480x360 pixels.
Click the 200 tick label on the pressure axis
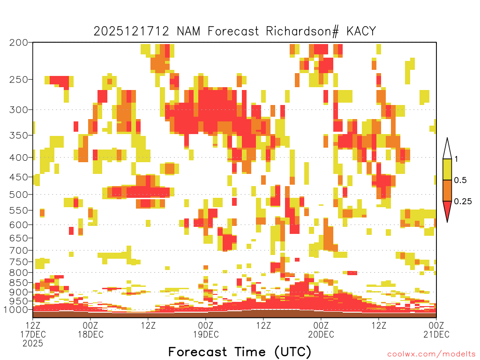pyautogui.click(x=19, y=43)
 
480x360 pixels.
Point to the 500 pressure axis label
pyautogui.click(x=19, y=195)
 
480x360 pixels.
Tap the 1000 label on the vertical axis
pyautogui.click(x=16, y=309)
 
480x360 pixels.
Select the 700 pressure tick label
pyautogui.click(x=19, y=250)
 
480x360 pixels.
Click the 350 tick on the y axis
pyautogui.click(x=19, y=135)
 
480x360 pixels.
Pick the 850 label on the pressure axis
pyautogui.click(x=19, y=283)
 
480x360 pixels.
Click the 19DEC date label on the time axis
pyautogui.click(x=206, y=334)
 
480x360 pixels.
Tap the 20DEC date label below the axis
pyautogui.click(x=321, y=334)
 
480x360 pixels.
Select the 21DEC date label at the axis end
pyautogui.click(x=436, y=334)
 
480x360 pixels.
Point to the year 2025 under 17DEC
pyautogui.click(x=33, y=344)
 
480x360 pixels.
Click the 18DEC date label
pyautogui.click(x=90, y=334)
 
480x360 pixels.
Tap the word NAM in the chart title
pyautogui.click(x=188, y=31)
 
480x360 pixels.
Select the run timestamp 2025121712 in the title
pyautogui.click(x=131, y=31)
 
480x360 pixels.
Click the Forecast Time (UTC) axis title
pyautogui.click(x=240, y=352)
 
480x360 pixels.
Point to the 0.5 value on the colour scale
pyautogui.click(x=460, y=180)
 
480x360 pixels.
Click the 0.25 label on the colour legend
pyautogui.click(x=463, y=201)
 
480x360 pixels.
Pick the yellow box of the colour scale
pyautogui.click(x=447, y=169)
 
